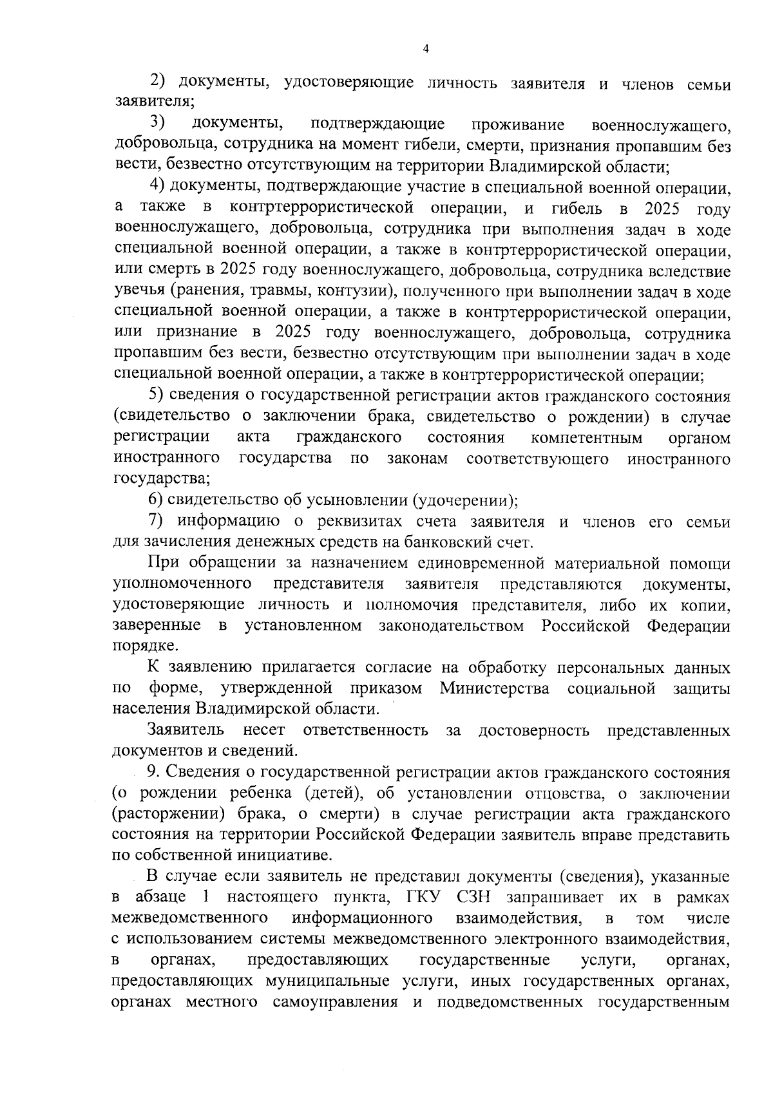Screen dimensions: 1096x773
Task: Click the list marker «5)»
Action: point(157,396)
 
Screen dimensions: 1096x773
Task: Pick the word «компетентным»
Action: point(587,439)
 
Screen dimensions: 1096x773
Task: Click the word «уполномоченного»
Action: point(182,585)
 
